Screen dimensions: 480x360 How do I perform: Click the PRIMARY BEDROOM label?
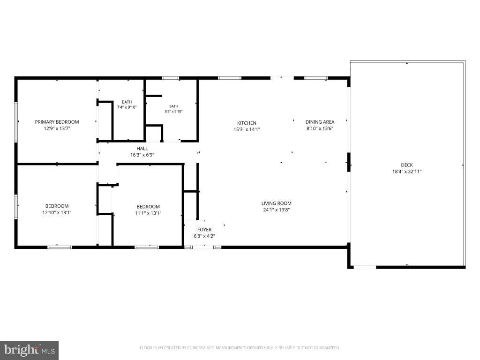[57, 122]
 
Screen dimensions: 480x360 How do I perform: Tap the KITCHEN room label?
[247, 123]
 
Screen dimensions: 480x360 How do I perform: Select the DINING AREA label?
[320, 122]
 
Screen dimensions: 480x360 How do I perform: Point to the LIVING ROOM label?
[277, 203]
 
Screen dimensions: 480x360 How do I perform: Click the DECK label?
[407, 165]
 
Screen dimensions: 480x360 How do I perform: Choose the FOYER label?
[204, 230]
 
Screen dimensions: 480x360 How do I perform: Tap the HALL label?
[142, 149]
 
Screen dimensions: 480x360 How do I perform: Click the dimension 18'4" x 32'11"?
[407, 172]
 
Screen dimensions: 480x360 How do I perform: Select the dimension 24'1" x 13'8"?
[277, 210]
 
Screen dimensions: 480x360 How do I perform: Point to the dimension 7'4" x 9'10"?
[127, 107]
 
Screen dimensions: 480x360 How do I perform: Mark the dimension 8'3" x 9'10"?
[173, 112]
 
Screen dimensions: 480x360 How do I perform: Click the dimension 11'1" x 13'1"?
[148, 213]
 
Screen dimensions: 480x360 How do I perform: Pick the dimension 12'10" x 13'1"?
[57, 212]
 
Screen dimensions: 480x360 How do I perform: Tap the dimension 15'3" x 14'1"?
[247, 129]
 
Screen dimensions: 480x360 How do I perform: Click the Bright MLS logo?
[30, 350]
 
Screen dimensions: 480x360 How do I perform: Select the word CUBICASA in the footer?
[196, 348]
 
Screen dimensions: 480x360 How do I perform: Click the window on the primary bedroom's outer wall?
[16, 122]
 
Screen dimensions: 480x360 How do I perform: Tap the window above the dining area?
[316, 78]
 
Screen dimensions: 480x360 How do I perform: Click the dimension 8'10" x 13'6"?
[320, 128]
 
